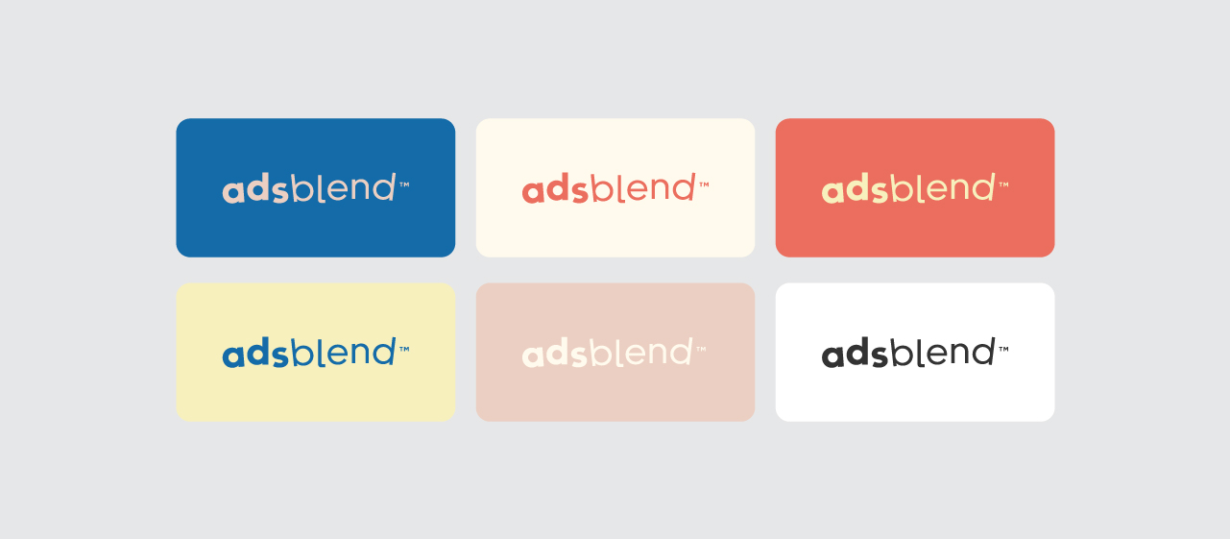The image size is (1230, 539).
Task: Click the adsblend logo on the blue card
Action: [315, 188]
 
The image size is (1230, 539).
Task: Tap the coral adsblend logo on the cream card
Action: [615, 188]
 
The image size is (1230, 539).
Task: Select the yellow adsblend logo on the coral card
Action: [915, 188]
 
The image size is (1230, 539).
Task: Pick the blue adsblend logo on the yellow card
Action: [315, 353]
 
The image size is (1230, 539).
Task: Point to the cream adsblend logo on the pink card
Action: [614, 353]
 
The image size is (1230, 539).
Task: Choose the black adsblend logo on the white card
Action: [915, 353]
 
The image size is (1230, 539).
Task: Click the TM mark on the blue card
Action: [404, 184]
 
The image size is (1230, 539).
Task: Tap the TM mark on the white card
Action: [1003, 349]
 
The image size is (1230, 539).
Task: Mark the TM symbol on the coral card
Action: [1003, 184]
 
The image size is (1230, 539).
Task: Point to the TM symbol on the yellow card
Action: [404, 349]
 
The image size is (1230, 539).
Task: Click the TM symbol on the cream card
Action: [704, 184]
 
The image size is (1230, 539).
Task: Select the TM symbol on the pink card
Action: [701, 349]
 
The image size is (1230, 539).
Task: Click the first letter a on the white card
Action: [833, 356]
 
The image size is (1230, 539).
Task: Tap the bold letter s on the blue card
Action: [279, 192]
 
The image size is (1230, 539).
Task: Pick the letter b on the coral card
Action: [901, 188]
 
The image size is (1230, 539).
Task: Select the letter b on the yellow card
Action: [301, 353]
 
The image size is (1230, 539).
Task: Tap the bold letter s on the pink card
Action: [579, 356]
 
